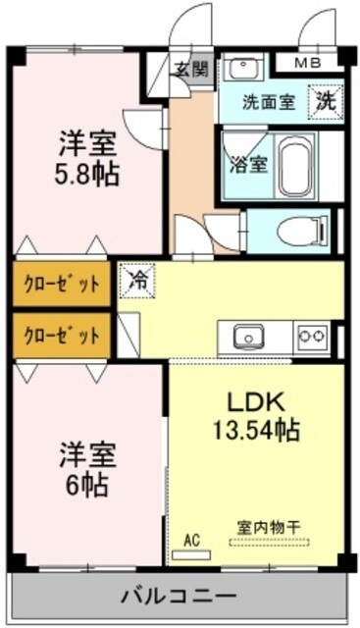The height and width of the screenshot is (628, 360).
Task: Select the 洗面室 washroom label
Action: (268, 100)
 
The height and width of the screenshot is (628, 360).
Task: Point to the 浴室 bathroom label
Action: (243, 164)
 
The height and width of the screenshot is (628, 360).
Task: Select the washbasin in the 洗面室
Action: (241, 69)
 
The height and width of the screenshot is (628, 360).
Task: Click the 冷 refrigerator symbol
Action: (139, 279)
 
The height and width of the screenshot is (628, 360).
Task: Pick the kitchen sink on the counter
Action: (248, 337)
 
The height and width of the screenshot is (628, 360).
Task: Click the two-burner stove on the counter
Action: (312, 337)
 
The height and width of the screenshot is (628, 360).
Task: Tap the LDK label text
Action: (257, 403)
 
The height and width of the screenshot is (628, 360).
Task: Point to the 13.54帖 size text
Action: (257, 429)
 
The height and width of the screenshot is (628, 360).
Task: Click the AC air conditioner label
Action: (191, 539)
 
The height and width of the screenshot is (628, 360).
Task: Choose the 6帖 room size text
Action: (87, 484)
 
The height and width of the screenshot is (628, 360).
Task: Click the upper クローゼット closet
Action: (63, 286)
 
